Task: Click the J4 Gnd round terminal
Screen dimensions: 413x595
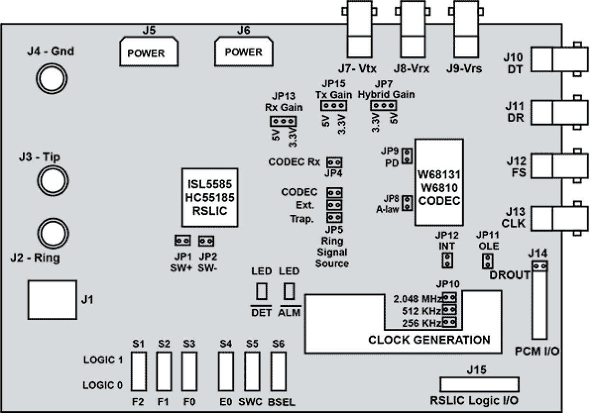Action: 47,79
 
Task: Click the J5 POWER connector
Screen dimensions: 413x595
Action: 148,51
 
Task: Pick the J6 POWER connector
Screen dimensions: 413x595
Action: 243,51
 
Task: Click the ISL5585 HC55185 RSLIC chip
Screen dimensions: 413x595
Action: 210,197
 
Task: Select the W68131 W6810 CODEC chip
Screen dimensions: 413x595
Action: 439,182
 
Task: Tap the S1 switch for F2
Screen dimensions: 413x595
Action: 138,372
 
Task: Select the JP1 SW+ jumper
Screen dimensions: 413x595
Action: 182,241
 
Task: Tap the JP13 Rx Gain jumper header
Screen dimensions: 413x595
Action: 283,121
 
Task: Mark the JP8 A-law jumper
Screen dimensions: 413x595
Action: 406,203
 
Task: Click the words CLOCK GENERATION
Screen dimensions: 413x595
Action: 429,340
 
